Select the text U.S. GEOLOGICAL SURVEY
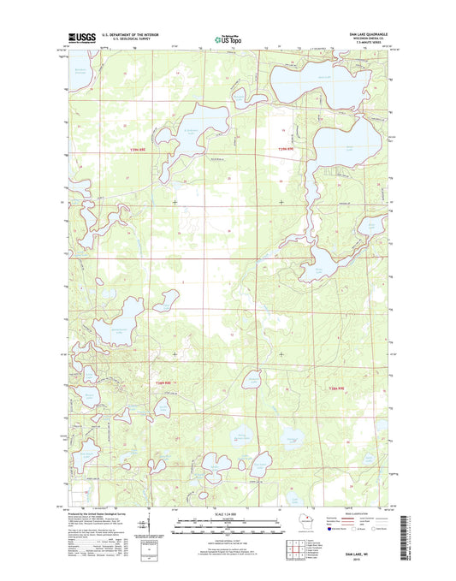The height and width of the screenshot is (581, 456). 126,40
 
